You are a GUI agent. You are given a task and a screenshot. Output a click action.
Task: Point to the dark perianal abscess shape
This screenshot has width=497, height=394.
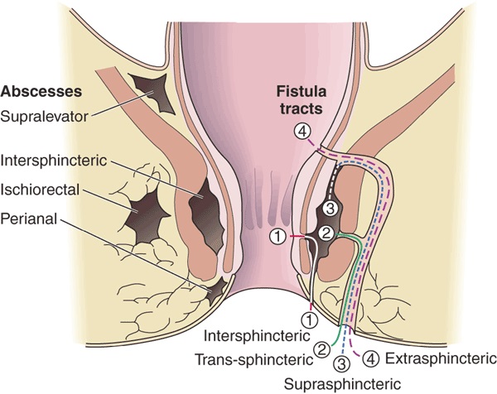[x=217, y=289]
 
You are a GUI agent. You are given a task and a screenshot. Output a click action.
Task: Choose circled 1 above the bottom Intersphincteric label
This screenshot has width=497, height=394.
[x=307, y=316]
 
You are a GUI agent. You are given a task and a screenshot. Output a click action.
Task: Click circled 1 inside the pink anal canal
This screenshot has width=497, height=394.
[x=279, y=238]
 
